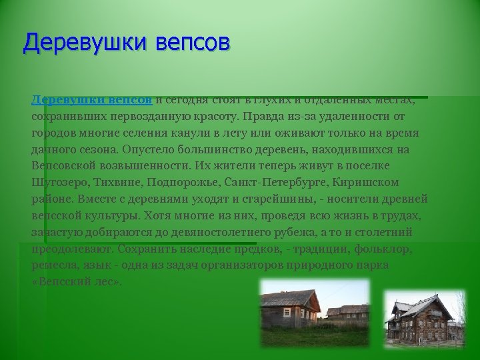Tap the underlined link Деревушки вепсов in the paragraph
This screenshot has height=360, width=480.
[x=93, y=100]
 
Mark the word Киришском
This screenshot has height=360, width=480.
[x=366, y=183]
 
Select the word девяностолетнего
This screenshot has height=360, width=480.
[x=213, y=233]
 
